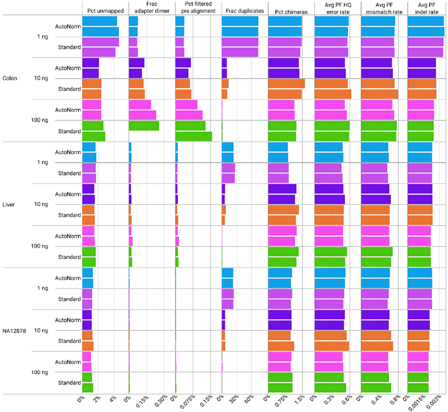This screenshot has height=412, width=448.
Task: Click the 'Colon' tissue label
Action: coord(9,79)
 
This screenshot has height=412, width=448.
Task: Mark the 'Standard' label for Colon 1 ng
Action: coord(69,47)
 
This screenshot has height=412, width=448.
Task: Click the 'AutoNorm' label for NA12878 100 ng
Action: coord(68,361)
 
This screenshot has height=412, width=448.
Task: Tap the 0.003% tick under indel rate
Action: coord(433,401)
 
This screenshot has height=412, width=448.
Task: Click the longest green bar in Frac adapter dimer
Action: coord(144,126)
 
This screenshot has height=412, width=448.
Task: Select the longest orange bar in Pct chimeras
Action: coord(287,84)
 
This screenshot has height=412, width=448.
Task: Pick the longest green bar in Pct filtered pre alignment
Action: coord(194,136)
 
